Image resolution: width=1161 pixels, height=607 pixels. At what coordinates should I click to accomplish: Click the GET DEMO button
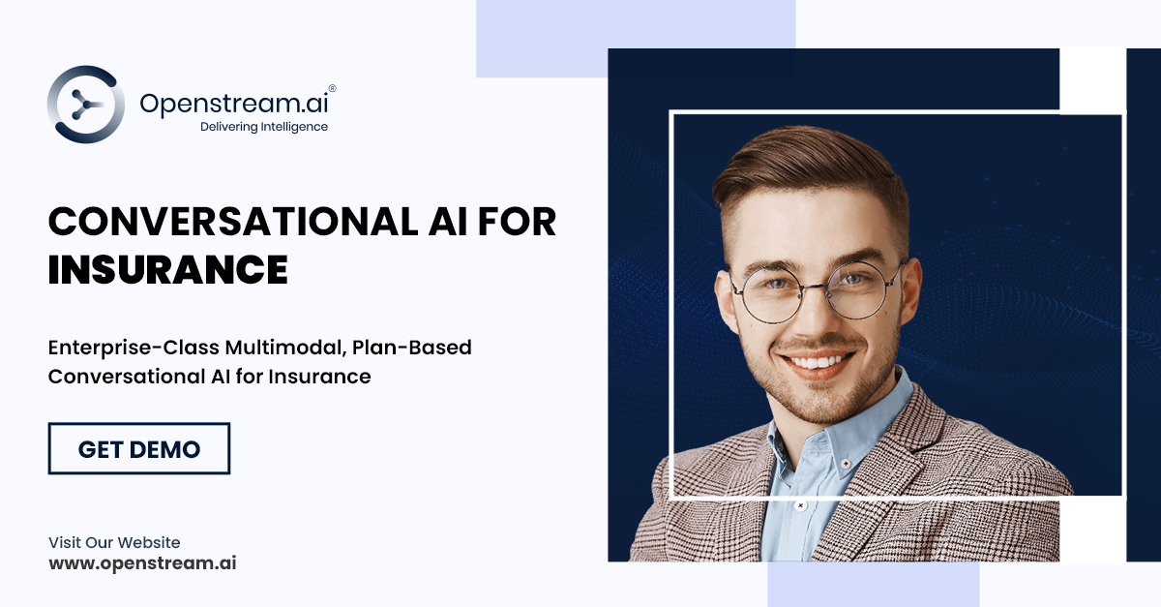[138, 448]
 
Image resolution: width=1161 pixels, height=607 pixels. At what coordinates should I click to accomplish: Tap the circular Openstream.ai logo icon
[85, 105]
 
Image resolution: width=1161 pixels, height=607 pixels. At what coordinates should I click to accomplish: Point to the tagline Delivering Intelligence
[263, 127]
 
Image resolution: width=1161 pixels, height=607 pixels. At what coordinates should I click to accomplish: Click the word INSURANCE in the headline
[167, 269]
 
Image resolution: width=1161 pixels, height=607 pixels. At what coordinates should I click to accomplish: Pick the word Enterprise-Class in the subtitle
[134, 347]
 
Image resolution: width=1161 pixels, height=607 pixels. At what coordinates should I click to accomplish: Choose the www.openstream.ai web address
[142, 562]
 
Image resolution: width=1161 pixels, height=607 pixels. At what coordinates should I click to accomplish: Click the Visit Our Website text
[114, 542]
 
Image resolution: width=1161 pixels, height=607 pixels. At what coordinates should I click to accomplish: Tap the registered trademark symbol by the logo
[332, 87]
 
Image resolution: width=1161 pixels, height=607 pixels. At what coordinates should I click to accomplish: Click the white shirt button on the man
[800, 505]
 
